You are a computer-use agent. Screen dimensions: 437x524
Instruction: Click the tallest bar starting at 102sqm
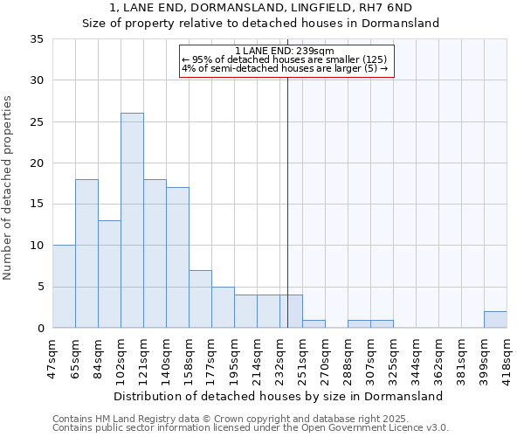132,220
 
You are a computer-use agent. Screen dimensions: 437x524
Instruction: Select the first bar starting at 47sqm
64,287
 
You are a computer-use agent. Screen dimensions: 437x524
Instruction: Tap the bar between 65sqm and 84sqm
86,253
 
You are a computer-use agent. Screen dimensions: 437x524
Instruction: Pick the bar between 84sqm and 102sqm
109,274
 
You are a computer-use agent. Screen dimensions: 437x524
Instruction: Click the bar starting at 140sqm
177,258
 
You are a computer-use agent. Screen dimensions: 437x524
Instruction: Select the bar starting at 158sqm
200,299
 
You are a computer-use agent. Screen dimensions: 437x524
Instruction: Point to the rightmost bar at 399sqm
495,320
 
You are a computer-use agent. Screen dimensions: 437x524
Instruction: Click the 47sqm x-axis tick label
52,358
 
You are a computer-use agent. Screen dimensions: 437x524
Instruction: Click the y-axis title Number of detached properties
10,188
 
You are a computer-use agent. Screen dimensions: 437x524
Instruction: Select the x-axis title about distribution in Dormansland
279,396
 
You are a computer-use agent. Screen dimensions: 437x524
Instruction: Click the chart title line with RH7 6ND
260,8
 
